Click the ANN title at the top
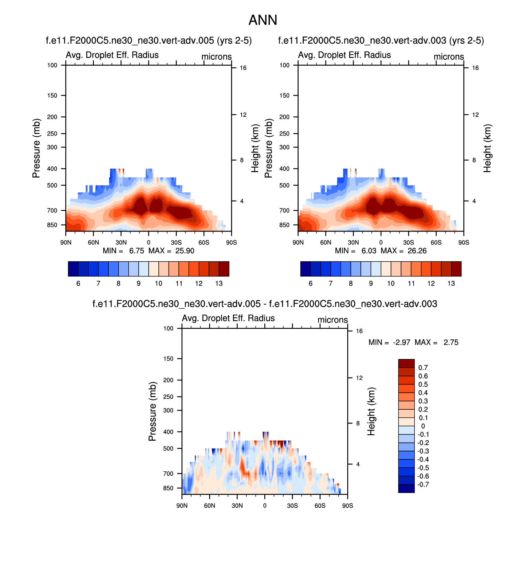[262, 20]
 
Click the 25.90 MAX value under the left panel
[185, 251]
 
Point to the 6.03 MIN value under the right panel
[369, 251]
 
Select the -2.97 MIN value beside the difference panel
[401, 342]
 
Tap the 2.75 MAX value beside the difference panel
[451, 342]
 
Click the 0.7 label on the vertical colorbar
[423, 368]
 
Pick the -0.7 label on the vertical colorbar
[423, 485]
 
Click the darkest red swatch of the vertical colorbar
[406, 363]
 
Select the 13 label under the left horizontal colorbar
[219, 283]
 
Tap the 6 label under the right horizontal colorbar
[310, 283]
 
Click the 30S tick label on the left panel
[176, 243]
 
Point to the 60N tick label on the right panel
[325, 243]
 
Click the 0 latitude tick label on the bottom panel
[265, 506]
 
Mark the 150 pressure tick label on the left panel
[52, 96]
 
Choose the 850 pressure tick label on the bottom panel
[168, 488]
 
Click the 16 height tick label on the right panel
[475, 68]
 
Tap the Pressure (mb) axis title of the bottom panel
[152, 412]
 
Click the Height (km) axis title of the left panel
[255, 148]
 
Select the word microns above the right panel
[449, 57]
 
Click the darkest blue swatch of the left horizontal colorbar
[73, 269]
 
